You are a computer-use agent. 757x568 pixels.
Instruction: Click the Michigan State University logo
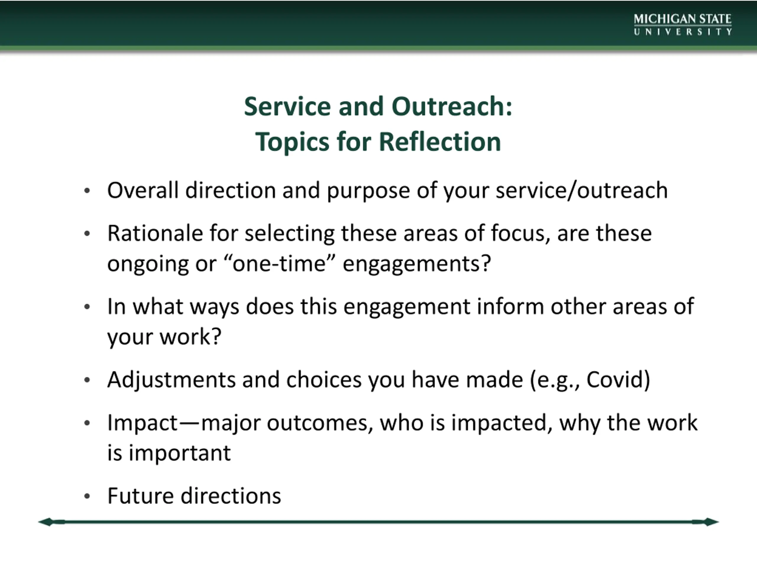683,24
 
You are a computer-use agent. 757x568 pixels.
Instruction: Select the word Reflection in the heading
440,141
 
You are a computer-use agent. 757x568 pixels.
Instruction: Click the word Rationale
155,233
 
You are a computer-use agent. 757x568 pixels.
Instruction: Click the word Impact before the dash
142,423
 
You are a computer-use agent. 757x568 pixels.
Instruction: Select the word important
180,453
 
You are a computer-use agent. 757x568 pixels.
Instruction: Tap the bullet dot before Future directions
87,496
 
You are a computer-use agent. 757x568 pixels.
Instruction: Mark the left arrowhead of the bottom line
46,522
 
